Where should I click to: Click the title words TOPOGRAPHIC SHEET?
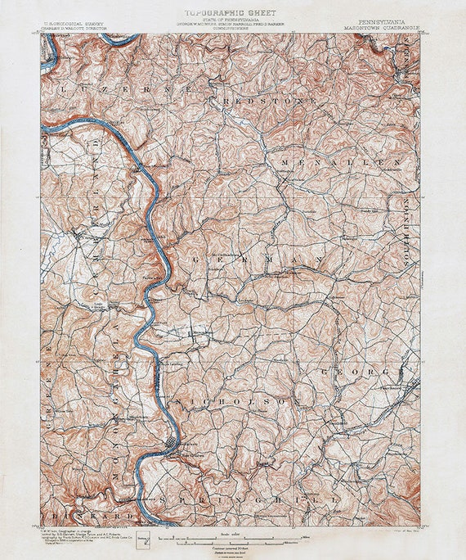(232, 14)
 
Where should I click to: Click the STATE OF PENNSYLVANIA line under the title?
(232, 20)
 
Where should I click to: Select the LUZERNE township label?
(123, 87)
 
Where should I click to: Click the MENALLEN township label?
(341, 164)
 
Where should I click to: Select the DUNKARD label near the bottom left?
(82, 517)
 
